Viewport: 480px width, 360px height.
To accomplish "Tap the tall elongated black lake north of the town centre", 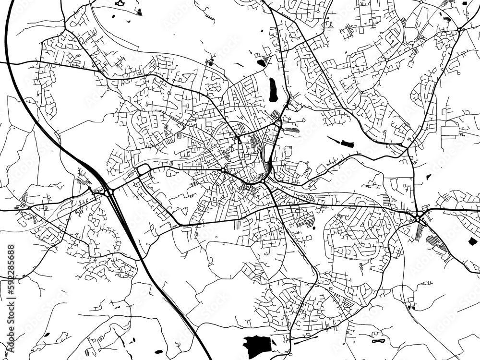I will click(x=274, y=90).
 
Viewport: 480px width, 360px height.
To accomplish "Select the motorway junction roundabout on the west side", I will click(x=108, y=192).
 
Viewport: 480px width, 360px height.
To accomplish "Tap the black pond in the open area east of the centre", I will click(x=347, y=144).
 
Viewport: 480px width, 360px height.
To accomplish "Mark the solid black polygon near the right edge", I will click(x=472, y=241).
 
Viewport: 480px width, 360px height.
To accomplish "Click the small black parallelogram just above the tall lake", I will click(x=261, y=62).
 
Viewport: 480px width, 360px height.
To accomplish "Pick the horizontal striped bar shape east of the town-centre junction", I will click(x=291, y=130).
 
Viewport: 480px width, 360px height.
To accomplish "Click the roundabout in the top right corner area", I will click(x=459, y=30).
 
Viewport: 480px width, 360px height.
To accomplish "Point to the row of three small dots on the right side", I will click(x=462, y=136).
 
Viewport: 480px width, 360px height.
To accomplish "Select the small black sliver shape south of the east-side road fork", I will click(x=429, y=177).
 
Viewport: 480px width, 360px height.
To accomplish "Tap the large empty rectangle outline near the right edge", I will click(x=450, y=132).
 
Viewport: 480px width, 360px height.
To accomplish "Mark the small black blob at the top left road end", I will click(x=120, y=3).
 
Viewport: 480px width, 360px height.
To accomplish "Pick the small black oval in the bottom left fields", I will click(x=47, y=335).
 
